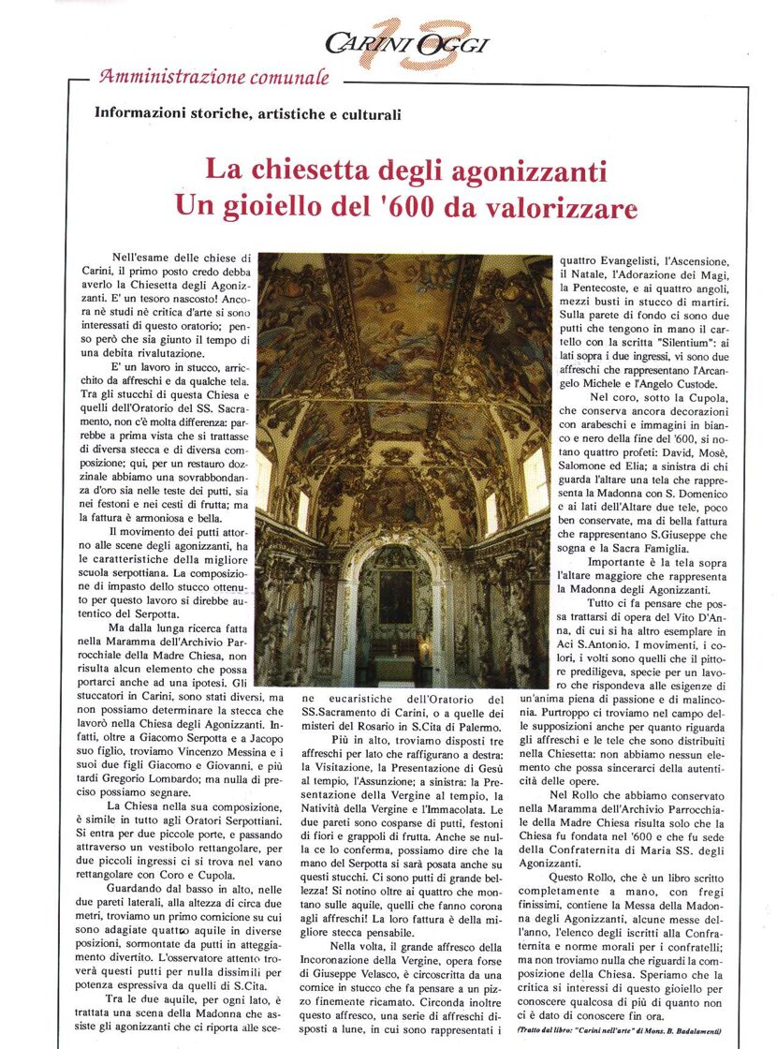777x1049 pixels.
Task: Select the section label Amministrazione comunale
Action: tap(214, 77)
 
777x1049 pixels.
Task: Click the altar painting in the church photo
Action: tap(396, 596)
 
